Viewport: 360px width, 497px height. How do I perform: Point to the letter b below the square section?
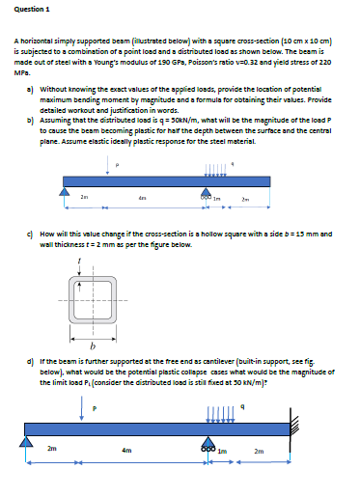[92, 318]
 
